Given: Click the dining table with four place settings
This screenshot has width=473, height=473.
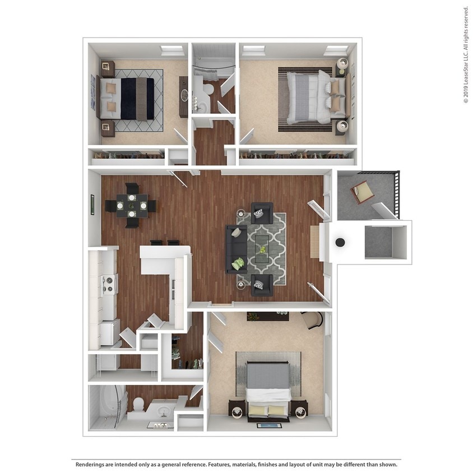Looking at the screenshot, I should point(131,206).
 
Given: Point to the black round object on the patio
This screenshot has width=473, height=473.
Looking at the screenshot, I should point(340,242).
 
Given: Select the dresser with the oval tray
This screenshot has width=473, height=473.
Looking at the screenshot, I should point(183,96).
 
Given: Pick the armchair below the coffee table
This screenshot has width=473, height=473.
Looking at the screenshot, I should point(261,285).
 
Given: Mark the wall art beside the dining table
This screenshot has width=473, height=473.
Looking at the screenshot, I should point(92,205).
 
